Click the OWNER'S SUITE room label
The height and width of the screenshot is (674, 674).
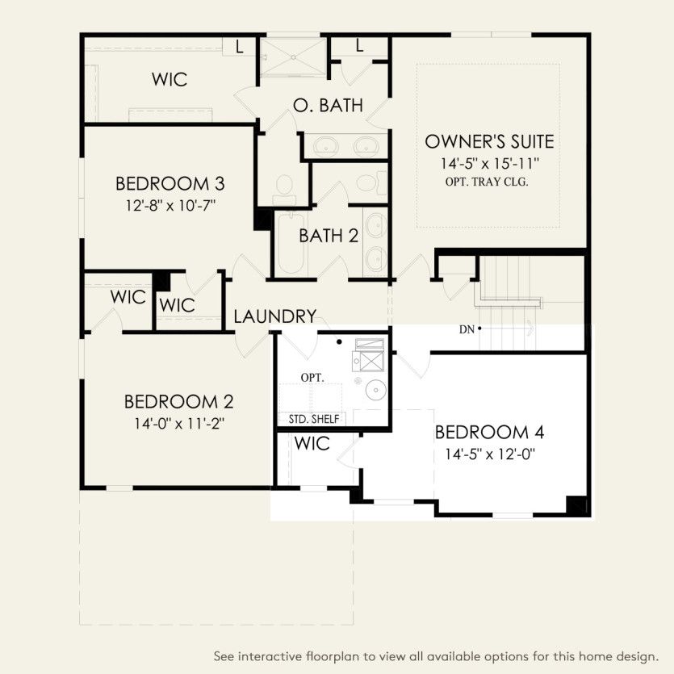point(489,142)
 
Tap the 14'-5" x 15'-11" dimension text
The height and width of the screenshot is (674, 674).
point(489,163)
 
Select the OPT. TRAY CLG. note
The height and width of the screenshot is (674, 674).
point(486,182)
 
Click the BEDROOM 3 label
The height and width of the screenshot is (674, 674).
point(170,182)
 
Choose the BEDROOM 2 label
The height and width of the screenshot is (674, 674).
point(178,401)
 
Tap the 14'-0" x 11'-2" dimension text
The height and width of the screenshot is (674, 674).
point(178,424)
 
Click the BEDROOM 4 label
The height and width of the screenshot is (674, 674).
point(489,432)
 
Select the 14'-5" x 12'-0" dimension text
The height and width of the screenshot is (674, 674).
point(490,454)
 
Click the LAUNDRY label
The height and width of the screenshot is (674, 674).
point(274,316)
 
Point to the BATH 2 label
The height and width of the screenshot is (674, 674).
point(328,237)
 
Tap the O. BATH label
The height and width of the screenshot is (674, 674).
point(327,106)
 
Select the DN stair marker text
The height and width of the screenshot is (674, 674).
point(467,329)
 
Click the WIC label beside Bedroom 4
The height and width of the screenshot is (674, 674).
point(311,444)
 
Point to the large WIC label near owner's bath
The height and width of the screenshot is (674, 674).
point(170,79)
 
